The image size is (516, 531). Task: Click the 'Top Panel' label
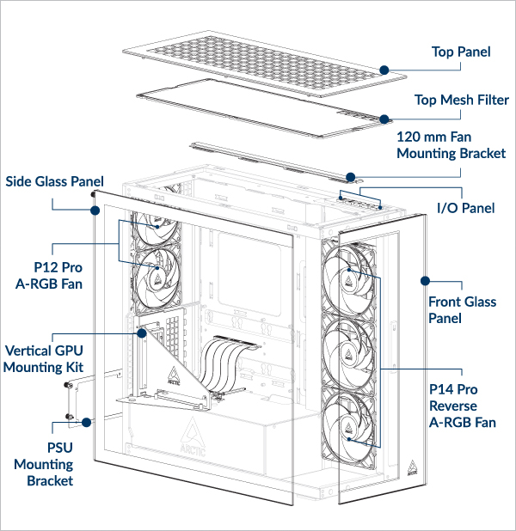point(460,52)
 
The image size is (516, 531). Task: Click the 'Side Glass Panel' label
point(55,182)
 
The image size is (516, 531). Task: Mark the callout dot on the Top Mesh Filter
point(384,119)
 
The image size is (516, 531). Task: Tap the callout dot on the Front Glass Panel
point(424,280)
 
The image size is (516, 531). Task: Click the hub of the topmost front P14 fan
point(350,274)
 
